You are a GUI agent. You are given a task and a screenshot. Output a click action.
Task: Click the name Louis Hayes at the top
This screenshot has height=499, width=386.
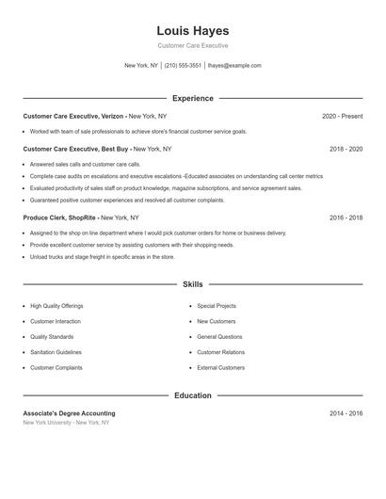192,30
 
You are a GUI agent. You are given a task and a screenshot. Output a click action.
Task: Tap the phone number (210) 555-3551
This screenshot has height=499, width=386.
184,66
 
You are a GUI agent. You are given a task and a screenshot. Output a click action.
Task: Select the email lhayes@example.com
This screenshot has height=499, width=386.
234,66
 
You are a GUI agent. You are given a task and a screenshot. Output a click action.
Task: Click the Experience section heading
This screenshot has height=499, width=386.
192,98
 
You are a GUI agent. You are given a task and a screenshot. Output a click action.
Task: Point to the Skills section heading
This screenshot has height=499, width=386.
192,283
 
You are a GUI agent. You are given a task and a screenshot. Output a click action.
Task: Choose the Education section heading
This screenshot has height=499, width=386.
192,395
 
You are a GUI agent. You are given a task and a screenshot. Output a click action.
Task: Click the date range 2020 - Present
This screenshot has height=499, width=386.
343,116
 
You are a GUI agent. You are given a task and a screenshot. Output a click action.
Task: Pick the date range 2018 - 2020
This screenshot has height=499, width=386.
346,149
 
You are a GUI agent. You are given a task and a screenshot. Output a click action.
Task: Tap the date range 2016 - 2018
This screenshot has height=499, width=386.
346,217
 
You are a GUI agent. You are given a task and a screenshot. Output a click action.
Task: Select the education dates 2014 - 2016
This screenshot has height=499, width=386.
346,413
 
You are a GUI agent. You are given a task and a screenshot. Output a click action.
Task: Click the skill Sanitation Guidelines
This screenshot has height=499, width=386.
56,352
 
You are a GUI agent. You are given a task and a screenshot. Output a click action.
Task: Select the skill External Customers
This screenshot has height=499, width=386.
221,367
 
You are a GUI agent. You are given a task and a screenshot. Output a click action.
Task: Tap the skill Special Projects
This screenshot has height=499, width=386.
217,306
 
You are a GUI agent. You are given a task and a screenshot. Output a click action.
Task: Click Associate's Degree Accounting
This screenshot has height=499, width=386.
69,413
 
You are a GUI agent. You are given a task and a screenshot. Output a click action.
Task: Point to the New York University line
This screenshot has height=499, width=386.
66,423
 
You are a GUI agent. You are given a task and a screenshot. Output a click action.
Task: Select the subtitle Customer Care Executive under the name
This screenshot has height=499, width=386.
192,45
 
